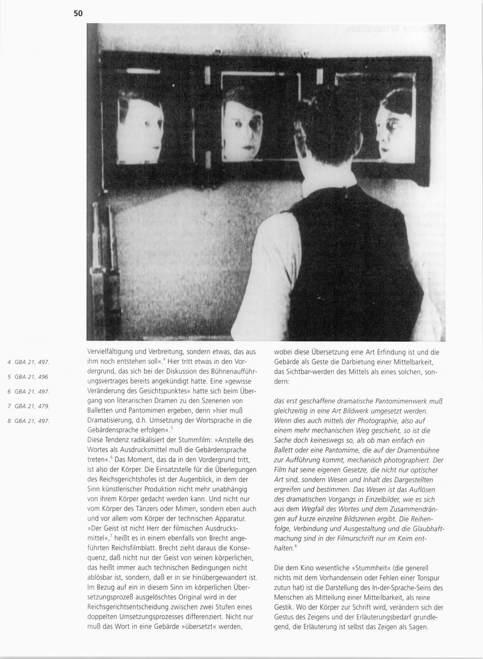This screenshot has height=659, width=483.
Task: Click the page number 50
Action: [x=78, y=13]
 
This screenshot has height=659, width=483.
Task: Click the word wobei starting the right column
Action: [x=283, y=352]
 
